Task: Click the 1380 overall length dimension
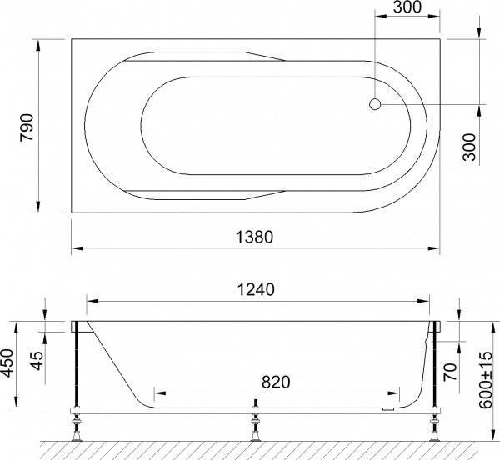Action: coord(256,237)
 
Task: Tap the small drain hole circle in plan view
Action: coord(375,105)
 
